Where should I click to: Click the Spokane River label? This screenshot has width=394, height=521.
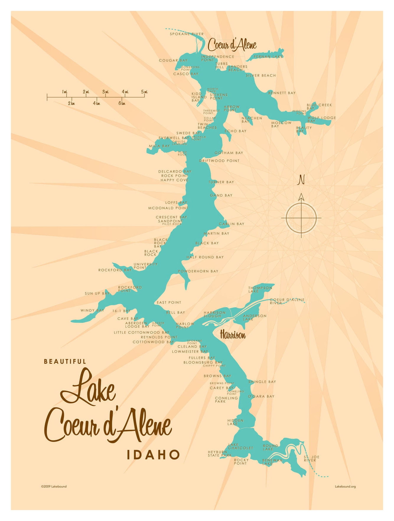187,34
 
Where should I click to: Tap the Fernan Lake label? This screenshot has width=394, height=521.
268,57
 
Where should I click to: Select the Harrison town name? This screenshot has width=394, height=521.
233,335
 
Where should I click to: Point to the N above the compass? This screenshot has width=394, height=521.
301,180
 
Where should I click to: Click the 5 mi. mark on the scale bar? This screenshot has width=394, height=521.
144,92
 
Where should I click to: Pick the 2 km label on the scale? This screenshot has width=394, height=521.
71,103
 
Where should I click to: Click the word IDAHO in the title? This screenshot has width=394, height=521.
153,455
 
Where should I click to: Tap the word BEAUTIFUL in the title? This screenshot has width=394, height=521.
65,361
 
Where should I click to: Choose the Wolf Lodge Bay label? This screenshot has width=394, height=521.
322,119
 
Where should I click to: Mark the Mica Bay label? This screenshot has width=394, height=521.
159,146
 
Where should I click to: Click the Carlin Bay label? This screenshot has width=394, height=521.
232,224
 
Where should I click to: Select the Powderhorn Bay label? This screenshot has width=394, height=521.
198,271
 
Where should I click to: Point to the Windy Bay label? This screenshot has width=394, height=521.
92,310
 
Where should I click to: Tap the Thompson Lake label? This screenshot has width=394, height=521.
260,289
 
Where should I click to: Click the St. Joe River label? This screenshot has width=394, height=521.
311,458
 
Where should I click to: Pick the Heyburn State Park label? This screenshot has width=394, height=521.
220,453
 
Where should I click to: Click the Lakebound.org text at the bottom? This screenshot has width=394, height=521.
345,486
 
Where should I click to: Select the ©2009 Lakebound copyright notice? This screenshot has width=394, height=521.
54,486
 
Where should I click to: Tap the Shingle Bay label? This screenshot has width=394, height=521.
262,382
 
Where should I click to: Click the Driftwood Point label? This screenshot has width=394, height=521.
219,161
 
